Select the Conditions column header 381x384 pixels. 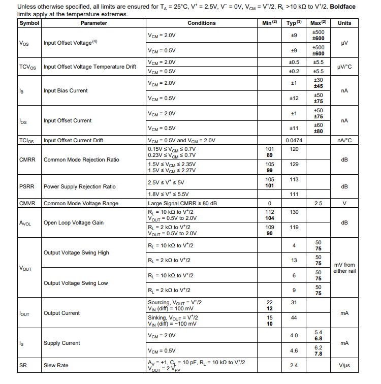201,23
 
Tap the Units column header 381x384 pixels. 344,23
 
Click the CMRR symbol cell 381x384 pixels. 27,159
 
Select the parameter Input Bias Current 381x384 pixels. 66,90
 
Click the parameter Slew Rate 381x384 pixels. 56,365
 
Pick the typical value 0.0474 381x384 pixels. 294,140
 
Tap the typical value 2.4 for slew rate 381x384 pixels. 294,365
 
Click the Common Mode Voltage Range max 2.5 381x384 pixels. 318,203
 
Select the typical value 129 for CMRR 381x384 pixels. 294,165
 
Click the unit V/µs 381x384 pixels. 344,365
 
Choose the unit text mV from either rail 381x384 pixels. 344,268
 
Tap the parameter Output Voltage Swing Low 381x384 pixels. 76,283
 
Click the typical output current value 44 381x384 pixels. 294,317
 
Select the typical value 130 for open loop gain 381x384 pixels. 294,212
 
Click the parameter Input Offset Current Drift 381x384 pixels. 74,140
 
